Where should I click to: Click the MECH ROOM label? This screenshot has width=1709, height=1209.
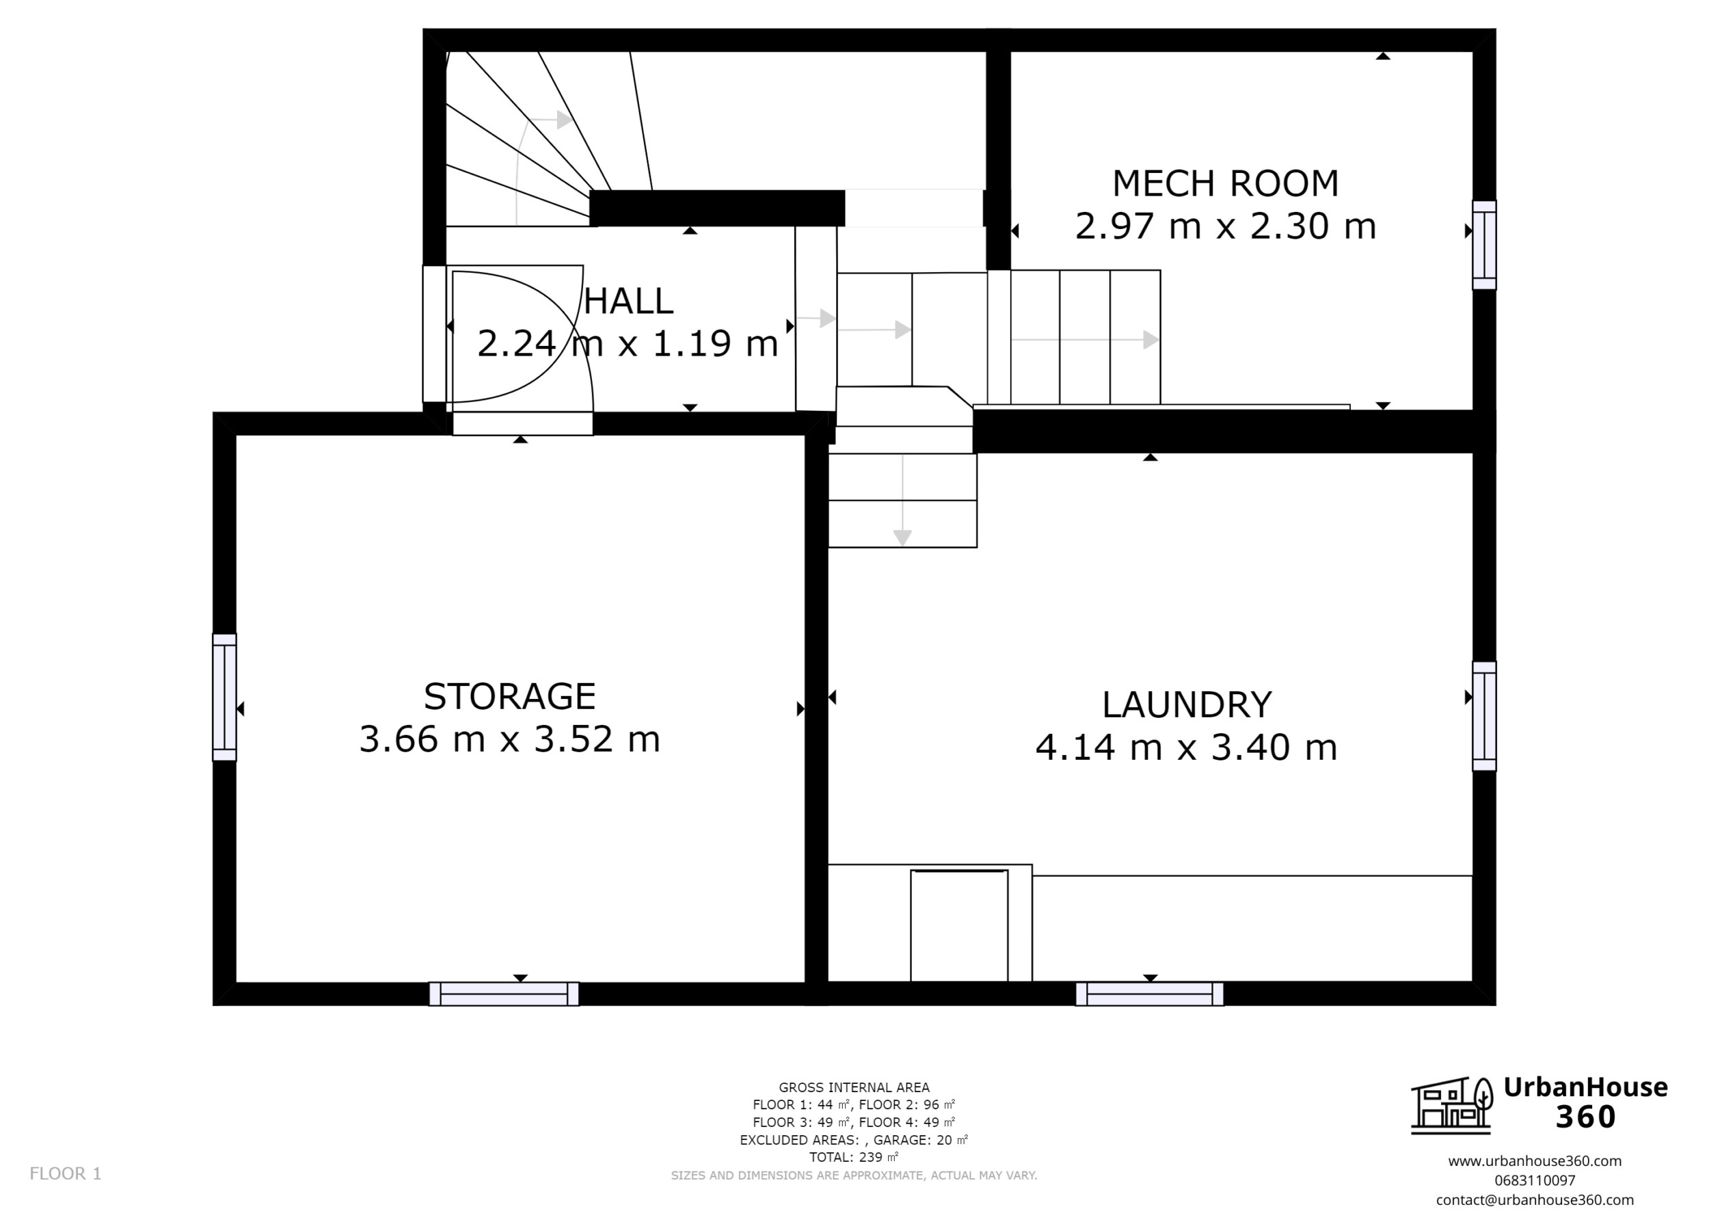[1224, 184]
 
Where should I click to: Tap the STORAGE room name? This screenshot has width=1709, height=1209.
[510, 697]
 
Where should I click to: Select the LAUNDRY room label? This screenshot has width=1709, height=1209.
[1187, 705]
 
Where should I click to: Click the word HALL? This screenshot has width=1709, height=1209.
[628, 302]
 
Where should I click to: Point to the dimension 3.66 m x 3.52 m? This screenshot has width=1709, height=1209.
[510, 739]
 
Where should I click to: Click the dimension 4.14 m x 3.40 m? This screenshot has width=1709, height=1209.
[1187, 747]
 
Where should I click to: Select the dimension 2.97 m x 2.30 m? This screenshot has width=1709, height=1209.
[1225, 226]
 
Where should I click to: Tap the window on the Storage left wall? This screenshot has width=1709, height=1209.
[225, 697]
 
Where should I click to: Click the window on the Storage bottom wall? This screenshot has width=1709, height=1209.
[504, 994]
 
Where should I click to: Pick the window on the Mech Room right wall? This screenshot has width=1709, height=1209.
[1484, 245]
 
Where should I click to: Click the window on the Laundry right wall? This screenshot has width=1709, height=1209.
[1484, 716]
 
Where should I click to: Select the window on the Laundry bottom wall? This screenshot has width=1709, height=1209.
[1149, 994]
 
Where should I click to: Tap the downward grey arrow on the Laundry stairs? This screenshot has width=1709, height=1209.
[902, 536]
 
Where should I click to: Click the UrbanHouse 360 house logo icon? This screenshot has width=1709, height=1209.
[1451, 1106]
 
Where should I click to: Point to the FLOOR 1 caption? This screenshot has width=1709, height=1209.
[66, 1174]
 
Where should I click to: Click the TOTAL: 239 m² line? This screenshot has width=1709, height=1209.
[854, 1157]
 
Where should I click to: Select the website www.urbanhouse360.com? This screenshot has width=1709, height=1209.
[1534, 1160]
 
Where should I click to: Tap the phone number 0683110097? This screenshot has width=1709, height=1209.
[1534, 1180]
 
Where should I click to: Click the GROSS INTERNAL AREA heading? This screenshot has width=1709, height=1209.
[854, 1088]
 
